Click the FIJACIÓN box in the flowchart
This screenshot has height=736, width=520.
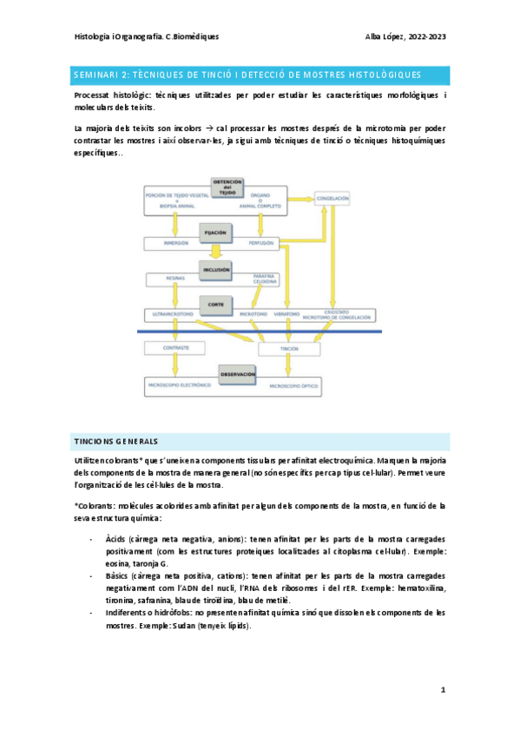(x=216, y=233)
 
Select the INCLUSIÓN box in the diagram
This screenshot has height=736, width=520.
(x=216, y=270)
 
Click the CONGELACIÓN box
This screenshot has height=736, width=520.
(x=333, y=199)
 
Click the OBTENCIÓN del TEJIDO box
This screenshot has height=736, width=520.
(x=227, y=186)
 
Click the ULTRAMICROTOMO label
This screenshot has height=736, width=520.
(x=171, y=312)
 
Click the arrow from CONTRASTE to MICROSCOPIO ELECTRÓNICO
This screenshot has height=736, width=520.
(x=176, y=366)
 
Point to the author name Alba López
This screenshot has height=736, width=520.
(x=390, y=37)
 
